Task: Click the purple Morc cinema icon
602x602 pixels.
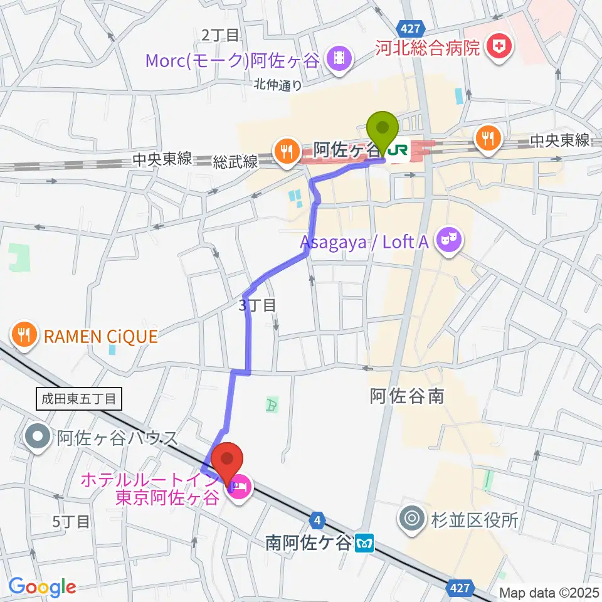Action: click(341, 60)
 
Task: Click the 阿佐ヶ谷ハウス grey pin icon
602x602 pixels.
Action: click(40, 436)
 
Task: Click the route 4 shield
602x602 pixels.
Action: click(319, 520)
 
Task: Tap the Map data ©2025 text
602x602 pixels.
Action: click(549, 592)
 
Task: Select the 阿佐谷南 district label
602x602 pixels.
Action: click(407, 396)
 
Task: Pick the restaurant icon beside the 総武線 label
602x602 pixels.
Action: click(286, 151)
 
